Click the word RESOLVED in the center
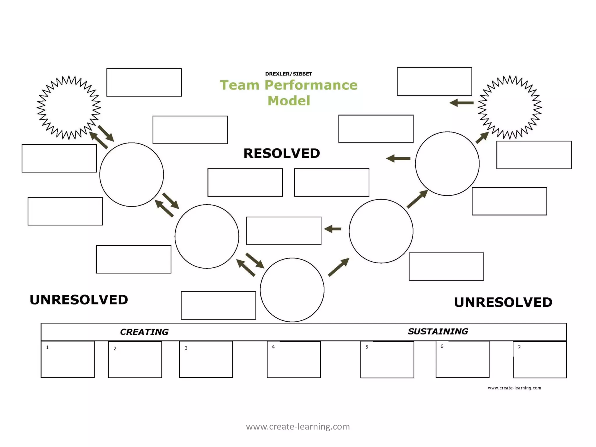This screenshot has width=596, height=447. coord(282,153)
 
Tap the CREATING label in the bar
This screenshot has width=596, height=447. coord(144,332)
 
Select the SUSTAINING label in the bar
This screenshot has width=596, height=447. coord(438,331)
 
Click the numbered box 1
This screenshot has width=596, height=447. coord(68,359)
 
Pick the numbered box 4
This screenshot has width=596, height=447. coord(294,359)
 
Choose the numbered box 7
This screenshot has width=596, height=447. coord(540,360)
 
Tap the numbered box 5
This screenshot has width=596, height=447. coord(387,360)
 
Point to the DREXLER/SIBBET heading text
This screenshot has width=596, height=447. coord(288,74)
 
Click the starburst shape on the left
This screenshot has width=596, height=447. coord(69,107)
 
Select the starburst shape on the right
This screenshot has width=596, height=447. coord(510,107)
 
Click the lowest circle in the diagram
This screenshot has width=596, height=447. coord(292,290)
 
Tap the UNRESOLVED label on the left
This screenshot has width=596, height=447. coord(79,300)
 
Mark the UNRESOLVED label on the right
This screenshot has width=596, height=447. coord(503,302)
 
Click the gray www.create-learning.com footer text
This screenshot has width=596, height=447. coord(298,427)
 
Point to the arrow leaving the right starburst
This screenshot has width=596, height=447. coord(462,103)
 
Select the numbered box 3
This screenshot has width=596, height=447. coord(206,359)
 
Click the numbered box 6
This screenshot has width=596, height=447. coord(462,359)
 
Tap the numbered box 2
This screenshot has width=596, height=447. coord(135,360)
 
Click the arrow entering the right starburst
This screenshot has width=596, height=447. coord(482,137)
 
